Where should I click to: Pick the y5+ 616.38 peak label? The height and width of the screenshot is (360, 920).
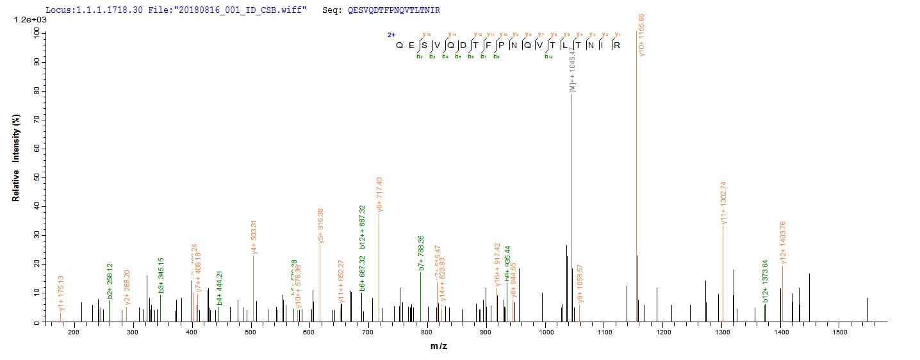[321, 226]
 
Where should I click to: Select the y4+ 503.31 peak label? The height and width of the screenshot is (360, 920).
[254, 238]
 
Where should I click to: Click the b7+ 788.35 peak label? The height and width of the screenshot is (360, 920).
[421, 253]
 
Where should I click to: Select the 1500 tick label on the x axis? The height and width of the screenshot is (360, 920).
[840, 332]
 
